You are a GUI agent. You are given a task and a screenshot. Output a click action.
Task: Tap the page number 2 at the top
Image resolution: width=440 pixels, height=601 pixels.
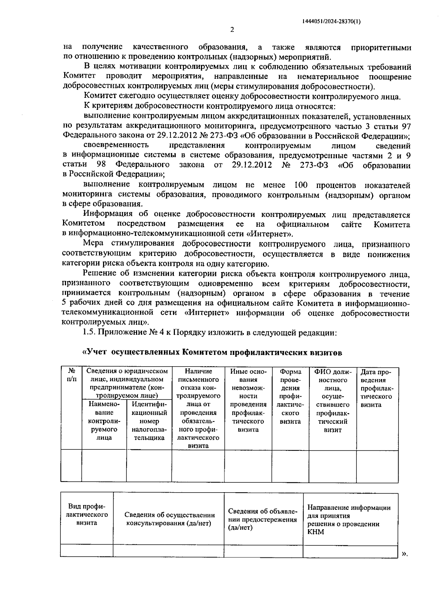point(232,30)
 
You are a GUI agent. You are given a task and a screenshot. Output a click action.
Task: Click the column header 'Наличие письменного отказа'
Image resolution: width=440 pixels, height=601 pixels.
point(198,408)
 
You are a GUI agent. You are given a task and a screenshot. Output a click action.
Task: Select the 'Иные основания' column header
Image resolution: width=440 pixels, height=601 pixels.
point(248,400)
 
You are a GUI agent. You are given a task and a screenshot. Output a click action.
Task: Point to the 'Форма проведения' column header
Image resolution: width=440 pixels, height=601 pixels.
point(290,396)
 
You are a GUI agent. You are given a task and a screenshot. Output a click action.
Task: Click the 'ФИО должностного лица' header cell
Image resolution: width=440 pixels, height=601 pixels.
point(333,400)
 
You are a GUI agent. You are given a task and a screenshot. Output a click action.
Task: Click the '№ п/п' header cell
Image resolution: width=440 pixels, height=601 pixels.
point(71,375)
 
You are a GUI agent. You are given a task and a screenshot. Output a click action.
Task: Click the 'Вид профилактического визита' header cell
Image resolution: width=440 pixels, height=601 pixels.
point(87,514)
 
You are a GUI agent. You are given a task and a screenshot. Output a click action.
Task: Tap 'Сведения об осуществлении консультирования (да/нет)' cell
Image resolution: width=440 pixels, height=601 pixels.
point(169,519)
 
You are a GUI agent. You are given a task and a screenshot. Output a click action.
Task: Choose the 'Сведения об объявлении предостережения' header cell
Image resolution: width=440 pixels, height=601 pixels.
point(263,519)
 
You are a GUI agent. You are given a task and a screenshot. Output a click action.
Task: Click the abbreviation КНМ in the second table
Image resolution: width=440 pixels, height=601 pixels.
point(316,532)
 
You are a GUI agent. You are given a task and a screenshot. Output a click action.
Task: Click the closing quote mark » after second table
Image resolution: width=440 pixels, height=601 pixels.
point(404,554)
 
